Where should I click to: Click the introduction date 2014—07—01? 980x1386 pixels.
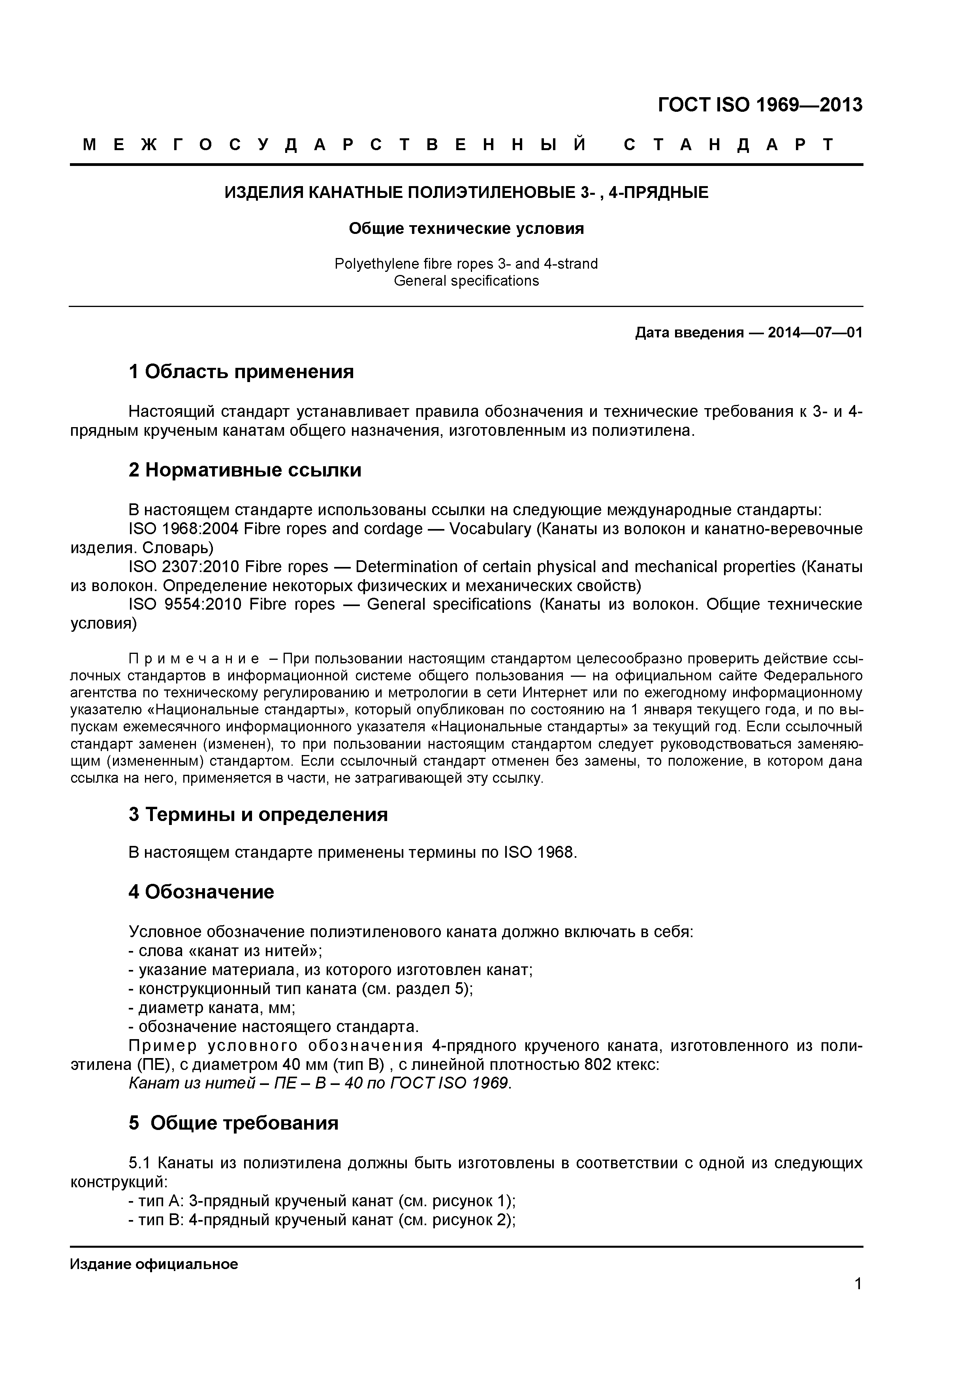click(x=814, y=333)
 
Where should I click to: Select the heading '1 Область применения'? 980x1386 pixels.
click(x=241, y=372)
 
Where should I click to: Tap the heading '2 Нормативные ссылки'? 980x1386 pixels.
click(x=245, y=470)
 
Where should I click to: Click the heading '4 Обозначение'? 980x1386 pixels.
click(x=201, y=892)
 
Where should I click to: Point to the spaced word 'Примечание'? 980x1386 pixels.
click(x=194, y=659)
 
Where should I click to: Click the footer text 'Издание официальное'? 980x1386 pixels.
click(x=154, y=1264)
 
